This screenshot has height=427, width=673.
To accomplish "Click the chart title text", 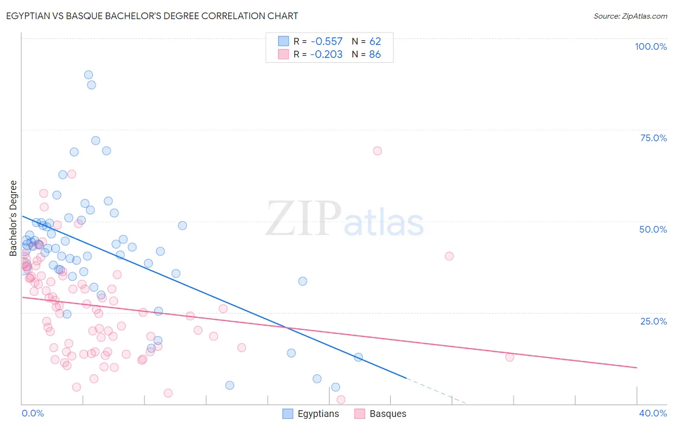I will (x=152, y=16).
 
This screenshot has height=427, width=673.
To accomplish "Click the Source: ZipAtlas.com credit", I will (x=630, y=16).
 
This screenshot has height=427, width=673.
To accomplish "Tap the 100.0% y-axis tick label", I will (x=651, y=46).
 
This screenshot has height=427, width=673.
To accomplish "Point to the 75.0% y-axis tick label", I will (x=653, y=138).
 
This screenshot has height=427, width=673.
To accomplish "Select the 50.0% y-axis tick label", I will (x=653, y=229).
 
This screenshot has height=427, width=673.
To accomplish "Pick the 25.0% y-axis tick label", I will (x=653, y=321).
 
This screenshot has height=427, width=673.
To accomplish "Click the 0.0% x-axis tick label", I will (x=33, y=413).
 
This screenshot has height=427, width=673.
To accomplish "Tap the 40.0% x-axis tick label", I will (x=652, y=413).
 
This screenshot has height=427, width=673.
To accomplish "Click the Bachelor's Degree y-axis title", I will (x=13, y=218).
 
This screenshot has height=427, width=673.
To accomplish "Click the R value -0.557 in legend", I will (x=326, y=42).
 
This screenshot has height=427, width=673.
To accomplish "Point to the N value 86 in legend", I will (x=375, y=55).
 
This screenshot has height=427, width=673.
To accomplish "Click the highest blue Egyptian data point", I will (x=89, y=75).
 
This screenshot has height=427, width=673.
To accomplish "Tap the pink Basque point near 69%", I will (x=377, y=151).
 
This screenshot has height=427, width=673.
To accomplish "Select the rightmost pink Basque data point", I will (x=510, y=357).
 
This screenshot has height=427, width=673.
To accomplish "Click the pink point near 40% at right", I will (x=449, y=256).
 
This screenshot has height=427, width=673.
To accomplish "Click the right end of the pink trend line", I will (x=636, y=367).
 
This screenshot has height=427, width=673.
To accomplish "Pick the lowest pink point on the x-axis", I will (x=341, y=400).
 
